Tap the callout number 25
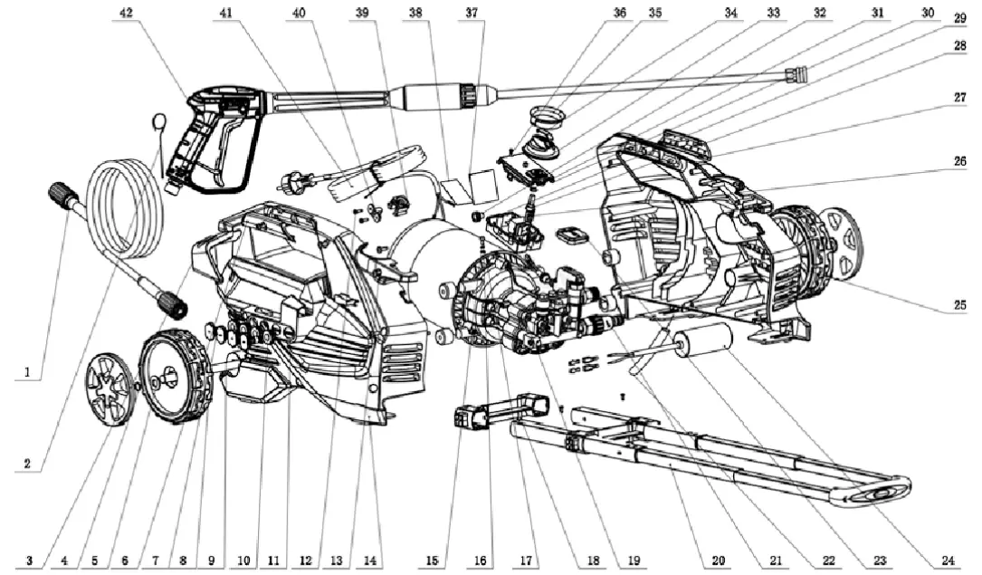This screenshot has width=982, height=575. pos(957,306)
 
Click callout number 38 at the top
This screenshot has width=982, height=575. pos(415,14)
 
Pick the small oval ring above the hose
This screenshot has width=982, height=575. pos(159,120)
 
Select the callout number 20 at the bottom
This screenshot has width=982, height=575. pos(718,561)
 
